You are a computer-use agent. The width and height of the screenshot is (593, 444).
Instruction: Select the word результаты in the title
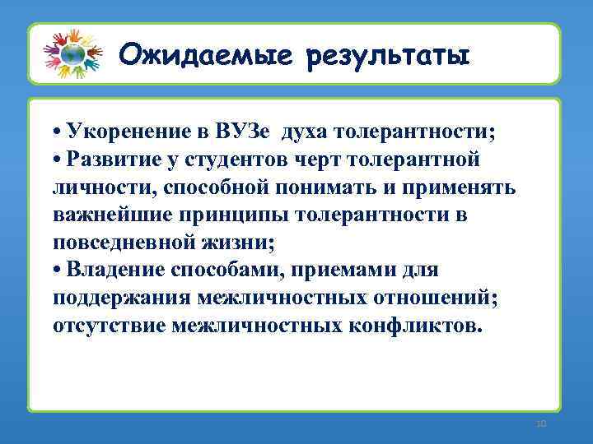point(387,56)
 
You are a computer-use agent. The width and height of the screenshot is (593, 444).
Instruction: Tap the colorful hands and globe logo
point(73,53)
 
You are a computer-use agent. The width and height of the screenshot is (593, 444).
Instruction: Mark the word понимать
point(349,186)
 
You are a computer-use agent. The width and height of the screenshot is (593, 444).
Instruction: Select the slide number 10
point(540,423)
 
